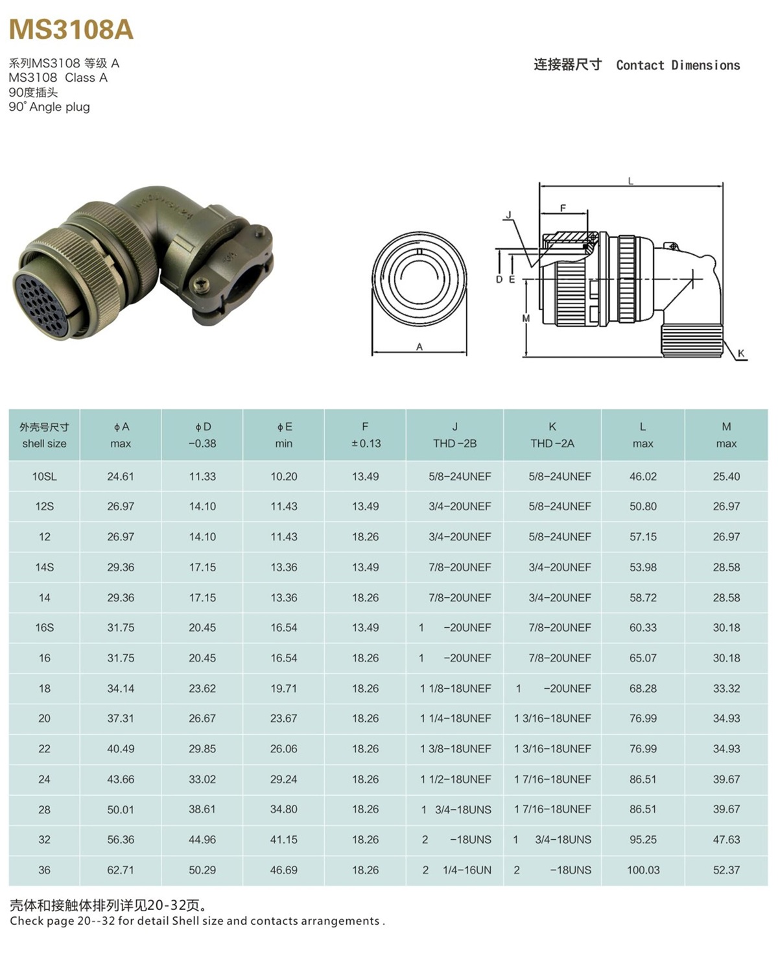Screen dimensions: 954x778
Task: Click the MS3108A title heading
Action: (x=71, y=30)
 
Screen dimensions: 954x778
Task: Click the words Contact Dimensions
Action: (x=678, y=66)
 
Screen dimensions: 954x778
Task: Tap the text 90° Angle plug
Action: (x=49, y=107)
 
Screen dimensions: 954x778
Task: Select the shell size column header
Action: (x=44, y=435)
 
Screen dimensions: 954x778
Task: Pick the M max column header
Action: (x=726, y=435)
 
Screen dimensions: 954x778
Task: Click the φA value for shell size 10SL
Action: (x=121, y=477)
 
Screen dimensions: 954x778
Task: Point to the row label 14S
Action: (x=44, y=567)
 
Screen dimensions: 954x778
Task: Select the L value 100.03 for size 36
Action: (x=642, y=870)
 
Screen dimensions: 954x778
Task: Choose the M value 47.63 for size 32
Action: (x=726, y=840)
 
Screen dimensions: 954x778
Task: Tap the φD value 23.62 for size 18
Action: (x=202, y=689)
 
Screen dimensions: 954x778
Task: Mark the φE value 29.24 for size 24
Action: (x=283, y=780)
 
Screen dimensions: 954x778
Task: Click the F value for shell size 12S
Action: (x=365, y=507)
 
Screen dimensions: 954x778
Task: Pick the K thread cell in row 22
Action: (x=552, y=749)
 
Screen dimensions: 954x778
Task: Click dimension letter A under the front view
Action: (x=419, y=347)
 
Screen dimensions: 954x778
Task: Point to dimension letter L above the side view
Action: (x=631, y=182)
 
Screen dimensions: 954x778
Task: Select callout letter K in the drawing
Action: (x=741, y=353)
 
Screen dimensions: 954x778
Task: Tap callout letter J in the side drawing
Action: (x=508, y=215)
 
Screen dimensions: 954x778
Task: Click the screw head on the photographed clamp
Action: (x=202, y=283)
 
